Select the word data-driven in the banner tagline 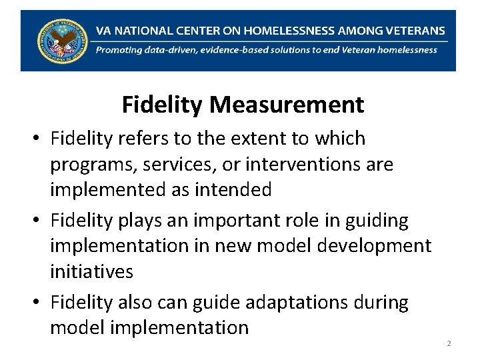pyautogui.click(x=176, y=49)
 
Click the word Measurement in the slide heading pyautogui.click(x=287, y=105)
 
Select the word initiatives pyautogui.click(x=91, y=271)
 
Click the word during pyautogui.click(x=379, y=303)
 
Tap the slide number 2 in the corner pyautogui.click(x=449, y=343)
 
